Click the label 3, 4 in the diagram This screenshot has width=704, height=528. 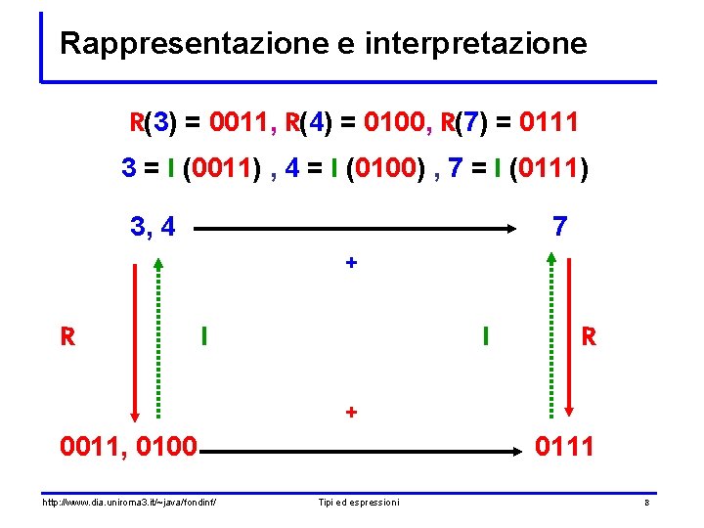(x=153, y=227)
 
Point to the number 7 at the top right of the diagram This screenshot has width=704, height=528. (x=559, y=227)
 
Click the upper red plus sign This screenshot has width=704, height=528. (x=351, y=263)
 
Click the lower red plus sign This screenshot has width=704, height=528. (x=351, y=412)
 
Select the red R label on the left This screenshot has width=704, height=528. (x=67, y=337)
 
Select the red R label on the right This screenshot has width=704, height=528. (x=588, y=337)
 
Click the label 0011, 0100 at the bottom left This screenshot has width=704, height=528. (x=128, y=448)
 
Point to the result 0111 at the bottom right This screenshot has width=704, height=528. (x=565, y=448)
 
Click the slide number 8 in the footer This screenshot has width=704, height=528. (x=646, y=503)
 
